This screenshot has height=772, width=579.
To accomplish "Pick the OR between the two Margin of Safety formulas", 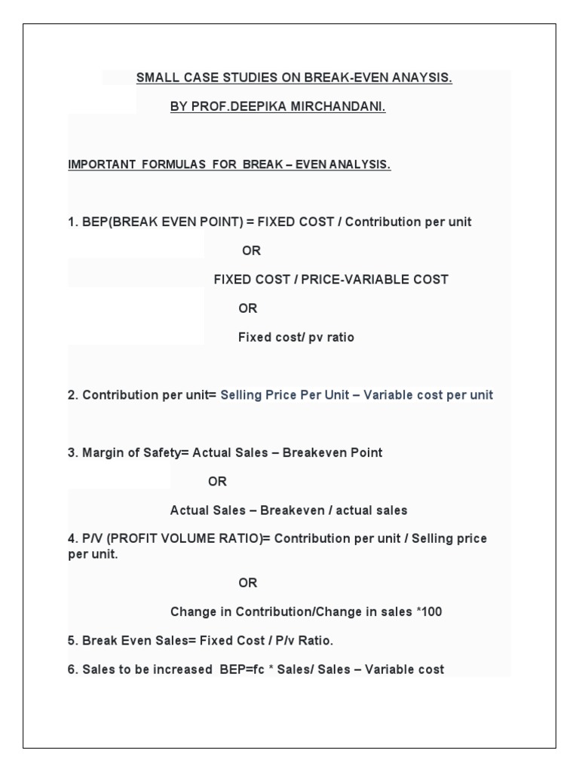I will (x=217, y=481).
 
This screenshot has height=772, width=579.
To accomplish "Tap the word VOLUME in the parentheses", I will (x=185, y=539).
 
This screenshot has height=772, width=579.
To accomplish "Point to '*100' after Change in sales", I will (x=428, y=612).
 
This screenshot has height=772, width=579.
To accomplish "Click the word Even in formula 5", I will (x=128, y=641).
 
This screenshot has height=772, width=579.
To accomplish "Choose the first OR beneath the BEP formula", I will (x=251, y=250).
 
